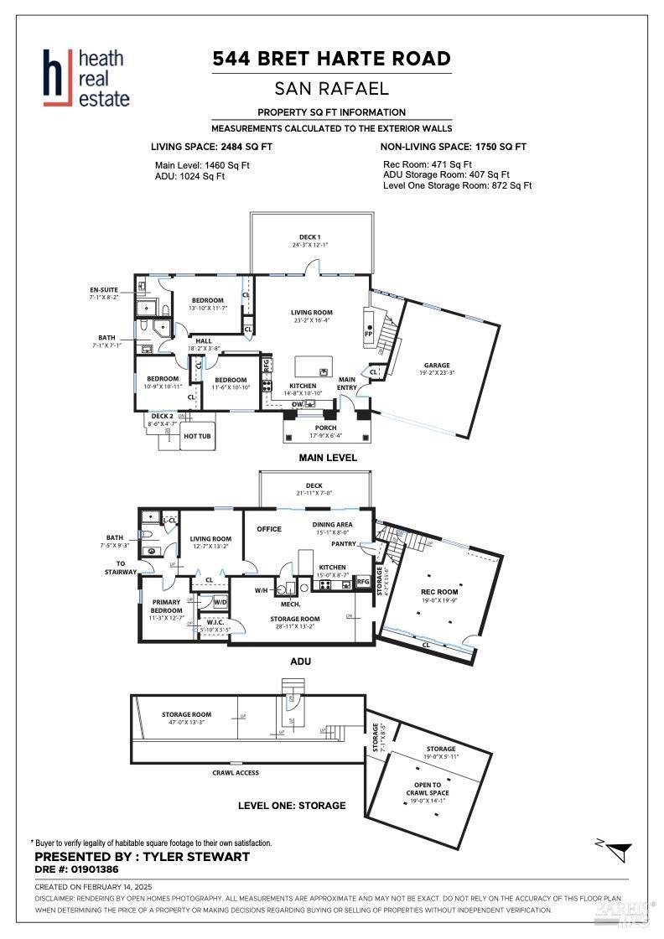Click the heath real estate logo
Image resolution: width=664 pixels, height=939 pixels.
87,78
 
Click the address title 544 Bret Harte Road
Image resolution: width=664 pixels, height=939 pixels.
331,59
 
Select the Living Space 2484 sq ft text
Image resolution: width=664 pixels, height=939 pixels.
211,146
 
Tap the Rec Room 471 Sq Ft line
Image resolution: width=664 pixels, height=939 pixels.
428,164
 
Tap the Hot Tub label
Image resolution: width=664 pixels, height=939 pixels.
197,436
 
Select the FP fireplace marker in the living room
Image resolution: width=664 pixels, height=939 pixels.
368,333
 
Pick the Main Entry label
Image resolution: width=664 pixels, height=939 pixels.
347,383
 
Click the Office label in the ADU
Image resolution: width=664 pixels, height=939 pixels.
269,529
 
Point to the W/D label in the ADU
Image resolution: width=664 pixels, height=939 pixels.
220,601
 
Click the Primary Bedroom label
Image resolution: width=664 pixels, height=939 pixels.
166,606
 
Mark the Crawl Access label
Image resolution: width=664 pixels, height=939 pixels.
236,772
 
